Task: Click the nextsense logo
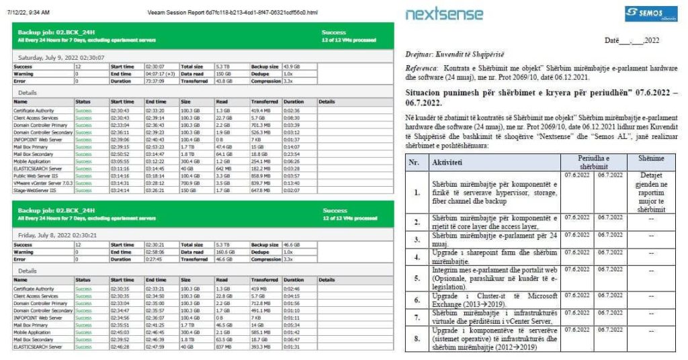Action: [x=444, y=13]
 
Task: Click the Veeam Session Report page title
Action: [x=232, y=12]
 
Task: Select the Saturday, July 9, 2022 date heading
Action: [x=60, y=58]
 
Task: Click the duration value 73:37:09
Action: [x=156, y=81]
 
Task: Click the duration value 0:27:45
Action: [x=155, y=259]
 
